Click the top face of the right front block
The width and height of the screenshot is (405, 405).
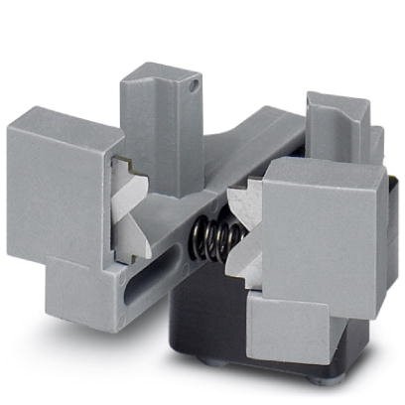[318, 171]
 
